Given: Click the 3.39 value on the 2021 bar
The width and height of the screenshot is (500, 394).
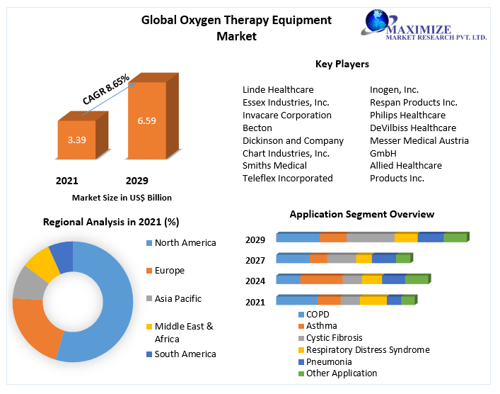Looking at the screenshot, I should (x=76, y=140).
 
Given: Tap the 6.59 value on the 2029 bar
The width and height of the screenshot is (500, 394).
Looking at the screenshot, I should (x=146, y=121).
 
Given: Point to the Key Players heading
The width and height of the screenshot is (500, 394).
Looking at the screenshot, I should (x=342, y=64).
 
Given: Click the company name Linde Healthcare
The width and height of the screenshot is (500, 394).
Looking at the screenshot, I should (x=278, y=90).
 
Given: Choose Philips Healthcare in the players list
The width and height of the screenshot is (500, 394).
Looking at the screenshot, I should (x=407, y=116).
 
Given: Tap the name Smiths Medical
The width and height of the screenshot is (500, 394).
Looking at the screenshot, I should (x=274, y=166).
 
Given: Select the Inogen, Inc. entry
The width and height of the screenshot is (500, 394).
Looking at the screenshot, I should (x=394, y=90).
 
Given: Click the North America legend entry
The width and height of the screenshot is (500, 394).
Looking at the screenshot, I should (x=185, y=243).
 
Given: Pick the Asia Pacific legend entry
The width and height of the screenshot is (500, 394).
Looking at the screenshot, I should (x=178, y=299).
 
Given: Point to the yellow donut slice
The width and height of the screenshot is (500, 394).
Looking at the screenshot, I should (x=42, y=264).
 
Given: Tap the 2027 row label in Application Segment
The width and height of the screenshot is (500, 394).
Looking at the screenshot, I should (x=255, y=261).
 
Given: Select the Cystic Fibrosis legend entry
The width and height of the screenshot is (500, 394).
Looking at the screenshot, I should (x=335, y=338).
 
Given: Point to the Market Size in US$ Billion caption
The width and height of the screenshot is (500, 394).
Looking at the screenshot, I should (x=122, y=198).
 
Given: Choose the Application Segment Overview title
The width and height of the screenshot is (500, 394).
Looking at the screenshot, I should (x=362, y=214).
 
